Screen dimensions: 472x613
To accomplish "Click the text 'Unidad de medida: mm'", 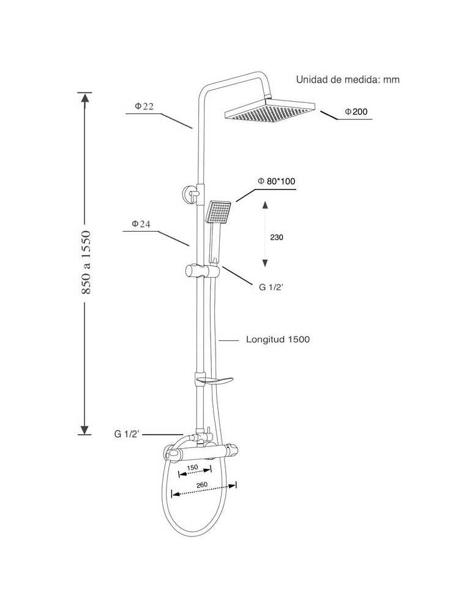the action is [348, 80].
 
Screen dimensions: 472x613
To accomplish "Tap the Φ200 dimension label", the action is [356, 112].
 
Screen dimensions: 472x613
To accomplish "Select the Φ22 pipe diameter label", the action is [144, 106].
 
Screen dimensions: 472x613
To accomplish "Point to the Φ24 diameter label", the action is [141, 224].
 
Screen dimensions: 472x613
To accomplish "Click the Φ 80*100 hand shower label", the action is [277, 181].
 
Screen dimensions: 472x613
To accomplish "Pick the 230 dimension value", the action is [277, 237].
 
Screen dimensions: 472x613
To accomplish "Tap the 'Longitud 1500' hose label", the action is [277, 340].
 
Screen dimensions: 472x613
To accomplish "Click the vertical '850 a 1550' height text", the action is [86, 263].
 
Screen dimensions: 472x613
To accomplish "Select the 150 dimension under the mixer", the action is [192, 468].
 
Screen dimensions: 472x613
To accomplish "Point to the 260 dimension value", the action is [202, 485].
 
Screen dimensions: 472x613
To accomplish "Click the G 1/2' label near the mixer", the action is [127, 434].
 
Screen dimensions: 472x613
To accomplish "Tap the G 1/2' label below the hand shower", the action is [271, 287].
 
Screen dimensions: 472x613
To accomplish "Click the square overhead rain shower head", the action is [270, 111].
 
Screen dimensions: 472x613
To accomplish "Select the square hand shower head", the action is [218, 212].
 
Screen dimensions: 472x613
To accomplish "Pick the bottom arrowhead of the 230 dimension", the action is [265, 263].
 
